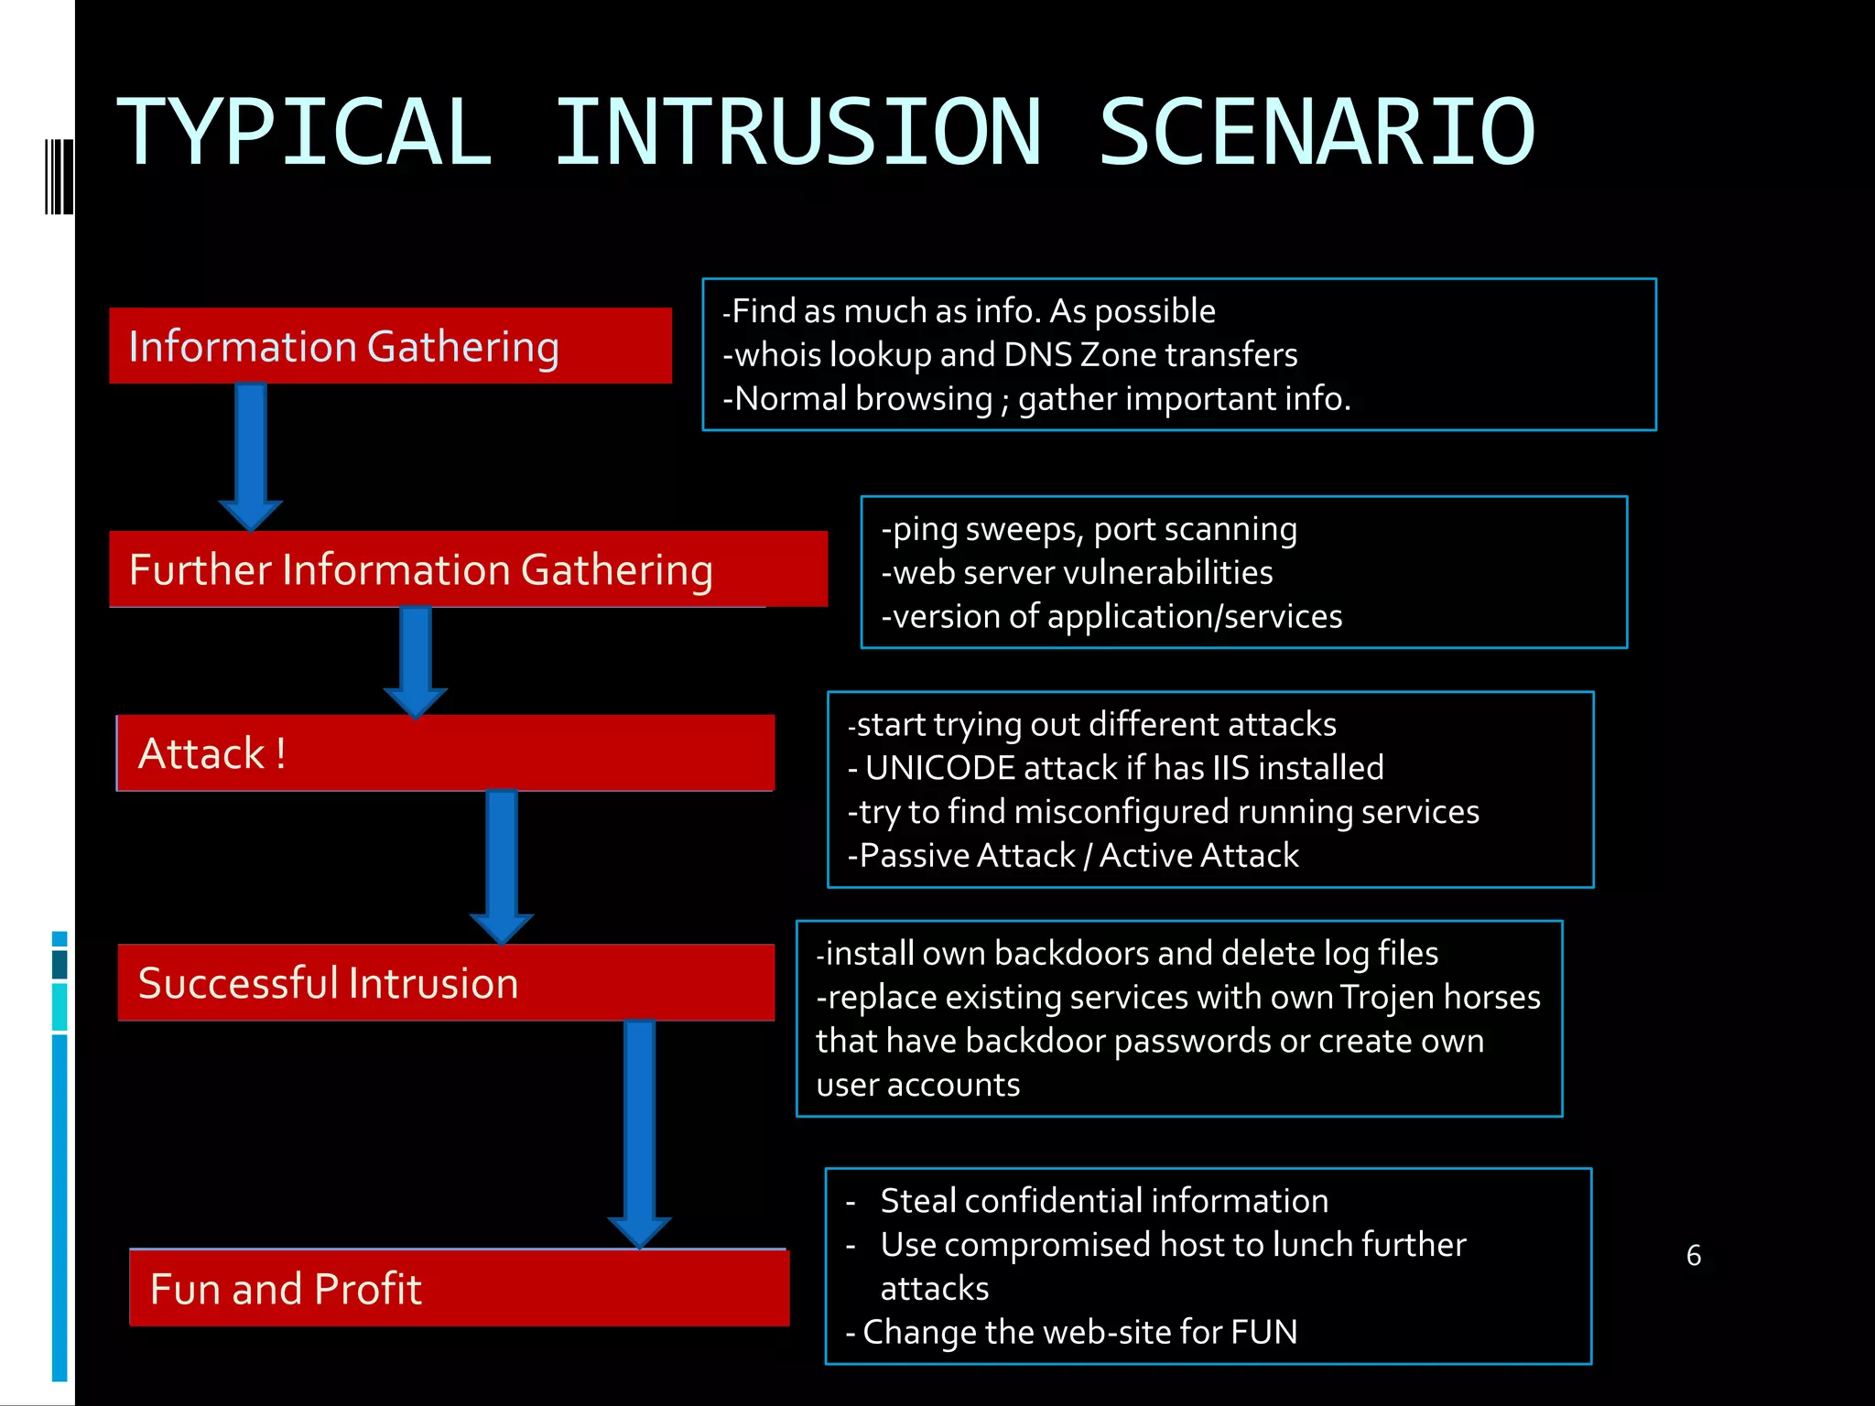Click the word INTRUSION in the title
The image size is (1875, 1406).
798,134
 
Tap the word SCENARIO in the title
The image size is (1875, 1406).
1317,134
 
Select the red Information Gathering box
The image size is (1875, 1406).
390,346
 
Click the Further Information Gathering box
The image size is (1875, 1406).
468,569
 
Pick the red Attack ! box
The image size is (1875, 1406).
446,753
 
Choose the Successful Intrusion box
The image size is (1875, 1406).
446,983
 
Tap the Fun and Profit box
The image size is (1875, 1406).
459,1289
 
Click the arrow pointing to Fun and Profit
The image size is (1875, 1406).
639,1135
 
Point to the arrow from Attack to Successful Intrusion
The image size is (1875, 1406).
502,866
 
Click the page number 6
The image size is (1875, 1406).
1693,1255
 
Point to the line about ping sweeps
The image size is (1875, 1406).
1089,529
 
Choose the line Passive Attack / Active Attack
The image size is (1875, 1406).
1073,856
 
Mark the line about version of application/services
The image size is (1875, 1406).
1111,617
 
